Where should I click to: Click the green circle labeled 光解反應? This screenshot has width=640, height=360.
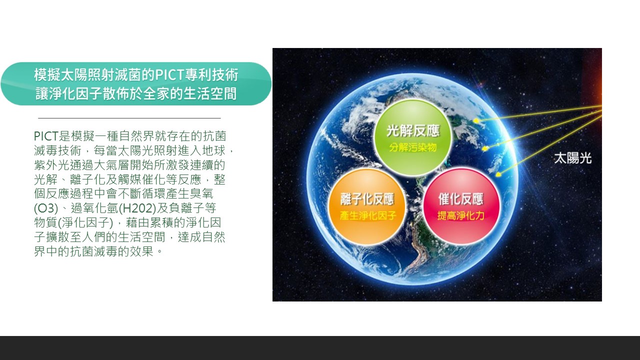[413, 137]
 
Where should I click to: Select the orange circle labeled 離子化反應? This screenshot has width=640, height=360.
[367, 207]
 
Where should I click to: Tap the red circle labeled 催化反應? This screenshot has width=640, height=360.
[461, 207]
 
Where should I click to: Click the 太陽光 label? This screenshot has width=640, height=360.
[572, 158]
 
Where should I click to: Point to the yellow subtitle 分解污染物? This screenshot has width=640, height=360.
[413, 147]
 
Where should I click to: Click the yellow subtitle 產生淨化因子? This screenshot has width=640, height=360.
[368, 215]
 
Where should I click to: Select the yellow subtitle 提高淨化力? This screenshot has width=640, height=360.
[461, 215]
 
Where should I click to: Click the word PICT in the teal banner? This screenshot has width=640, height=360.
[169, 75]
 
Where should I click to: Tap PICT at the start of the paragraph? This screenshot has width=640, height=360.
[46, 136]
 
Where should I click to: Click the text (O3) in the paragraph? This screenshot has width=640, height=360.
[46, 208]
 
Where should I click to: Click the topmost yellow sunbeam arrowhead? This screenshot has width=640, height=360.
[476, 121]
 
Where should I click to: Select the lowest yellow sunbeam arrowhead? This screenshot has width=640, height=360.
[497, 174]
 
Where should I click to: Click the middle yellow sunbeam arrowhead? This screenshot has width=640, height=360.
[484, 148]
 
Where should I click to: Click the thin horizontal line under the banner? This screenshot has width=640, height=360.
[129, 117]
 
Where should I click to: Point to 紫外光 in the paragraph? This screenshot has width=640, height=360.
[52, 165]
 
